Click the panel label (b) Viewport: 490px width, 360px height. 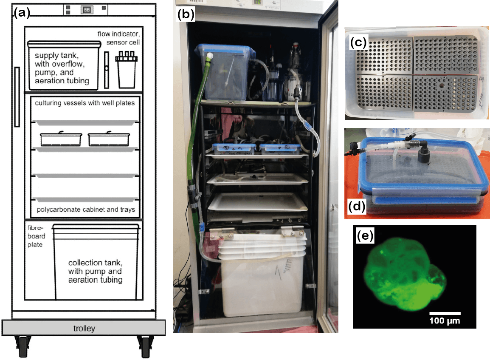[x=186, y=14]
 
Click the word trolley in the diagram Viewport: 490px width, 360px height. [x=84, y=328]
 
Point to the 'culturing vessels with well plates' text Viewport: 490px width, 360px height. [x=84, y=103]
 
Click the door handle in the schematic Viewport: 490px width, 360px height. [x=17, y=97]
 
